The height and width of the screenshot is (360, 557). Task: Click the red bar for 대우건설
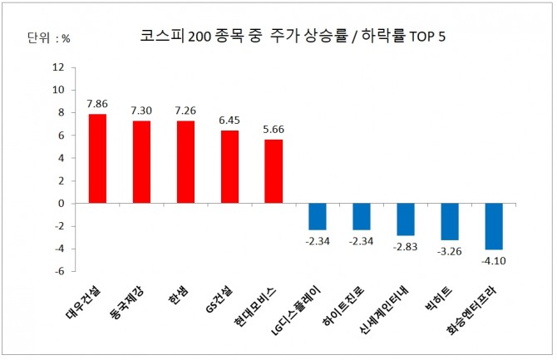(97, 158)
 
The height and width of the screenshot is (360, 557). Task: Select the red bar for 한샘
(185, 161)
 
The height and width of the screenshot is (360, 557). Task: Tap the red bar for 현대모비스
(274, 170)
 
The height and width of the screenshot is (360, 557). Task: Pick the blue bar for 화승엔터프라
(494, 226)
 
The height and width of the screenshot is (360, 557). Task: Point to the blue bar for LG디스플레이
(318, 216)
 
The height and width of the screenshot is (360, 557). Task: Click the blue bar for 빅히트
(450, 221)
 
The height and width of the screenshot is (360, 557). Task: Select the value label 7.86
(97, 105)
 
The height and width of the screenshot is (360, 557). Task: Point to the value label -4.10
(494, 260)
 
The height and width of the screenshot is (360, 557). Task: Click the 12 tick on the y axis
(58, 67)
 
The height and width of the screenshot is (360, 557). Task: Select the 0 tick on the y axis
(61, 203)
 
